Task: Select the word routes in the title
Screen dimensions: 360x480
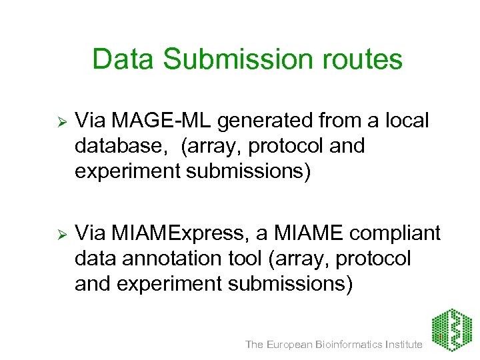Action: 363,59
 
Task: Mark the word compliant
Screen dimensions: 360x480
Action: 396,233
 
